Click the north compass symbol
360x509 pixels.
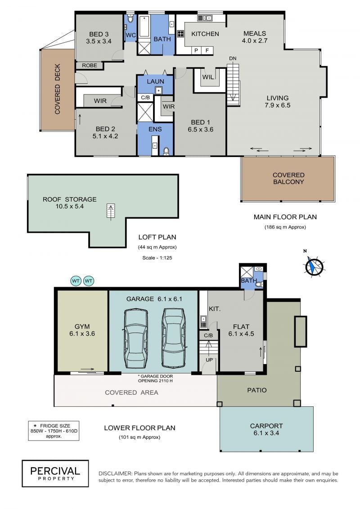(314, 266)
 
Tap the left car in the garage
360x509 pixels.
(135, 339)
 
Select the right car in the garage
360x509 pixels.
(174, 338)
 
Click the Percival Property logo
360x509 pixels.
(55, 473)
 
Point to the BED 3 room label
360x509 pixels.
(99, 38)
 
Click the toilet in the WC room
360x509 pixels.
(130, 19)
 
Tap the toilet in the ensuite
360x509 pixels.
(166, 151)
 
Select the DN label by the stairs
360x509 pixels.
(233, 59)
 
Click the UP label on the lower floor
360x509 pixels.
(209, 360)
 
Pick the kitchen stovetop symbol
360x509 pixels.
(180, 34)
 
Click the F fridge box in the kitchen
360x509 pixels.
(207, 50)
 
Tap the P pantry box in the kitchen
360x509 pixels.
(196, 50)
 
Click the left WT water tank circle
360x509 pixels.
(76, 281)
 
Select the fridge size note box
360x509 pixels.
(54, 431)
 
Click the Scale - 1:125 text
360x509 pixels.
(157, 258)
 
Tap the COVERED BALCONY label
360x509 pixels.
(288, 179)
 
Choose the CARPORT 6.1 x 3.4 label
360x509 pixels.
(266, 429)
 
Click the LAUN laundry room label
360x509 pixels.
(156, 81)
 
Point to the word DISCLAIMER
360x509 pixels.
(115, 473)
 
